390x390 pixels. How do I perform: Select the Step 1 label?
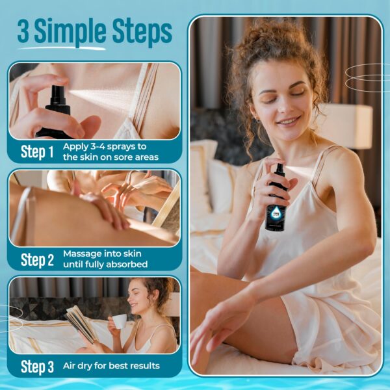[37, 153]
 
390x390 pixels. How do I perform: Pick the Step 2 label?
[37, 260]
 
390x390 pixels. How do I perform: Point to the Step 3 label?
[37, 367]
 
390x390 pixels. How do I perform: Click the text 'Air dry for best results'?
[111, 366]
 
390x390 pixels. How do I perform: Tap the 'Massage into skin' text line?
[102, 253]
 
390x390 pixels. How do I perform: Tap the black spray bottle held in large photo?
[277, 198]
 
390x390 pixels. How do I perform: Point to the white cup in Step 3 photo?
[119, 321]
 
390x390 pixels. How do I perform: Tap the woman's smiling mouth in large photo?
[288, 122]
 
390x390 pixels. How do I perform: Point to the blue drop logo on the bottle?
[277, 207]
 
